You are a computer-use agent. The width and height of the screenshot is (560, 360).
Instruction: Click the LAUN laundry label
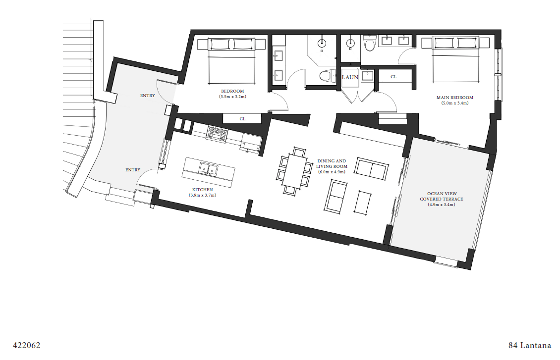coord(350,77)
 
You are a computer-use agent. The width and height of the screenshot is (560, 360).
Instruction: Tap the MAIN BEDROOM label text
coord(454,98)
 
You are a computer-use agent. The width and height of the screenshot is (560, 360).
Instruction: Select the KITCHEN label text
coord(202,190)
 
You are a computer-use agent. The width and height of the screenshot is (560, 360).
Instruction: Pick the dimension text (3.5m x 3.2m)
coord(232,97)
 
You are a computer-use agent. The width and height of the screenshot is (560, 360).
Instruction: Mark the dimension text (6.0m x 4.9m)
coord(332,172)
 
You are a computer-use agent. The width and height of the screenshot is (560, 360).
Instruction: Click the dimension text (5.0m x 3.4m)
coord(454,103)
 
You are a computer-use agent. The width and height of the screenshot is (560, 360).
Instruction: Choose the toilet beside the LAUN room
coord(325,76)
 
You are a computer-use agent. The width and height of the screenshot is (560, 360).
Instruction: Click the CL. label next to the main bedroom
coord(394,77)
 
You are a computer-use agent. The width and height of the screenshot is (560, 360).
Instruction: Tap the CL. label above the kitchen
coord(243,119)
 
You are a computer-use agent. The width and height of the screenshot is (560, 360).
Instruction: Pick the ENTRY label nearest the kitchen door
coord(133,170)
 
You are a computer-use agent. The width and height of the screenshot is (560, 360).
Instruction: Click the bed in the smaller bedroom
coord(232,60)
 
